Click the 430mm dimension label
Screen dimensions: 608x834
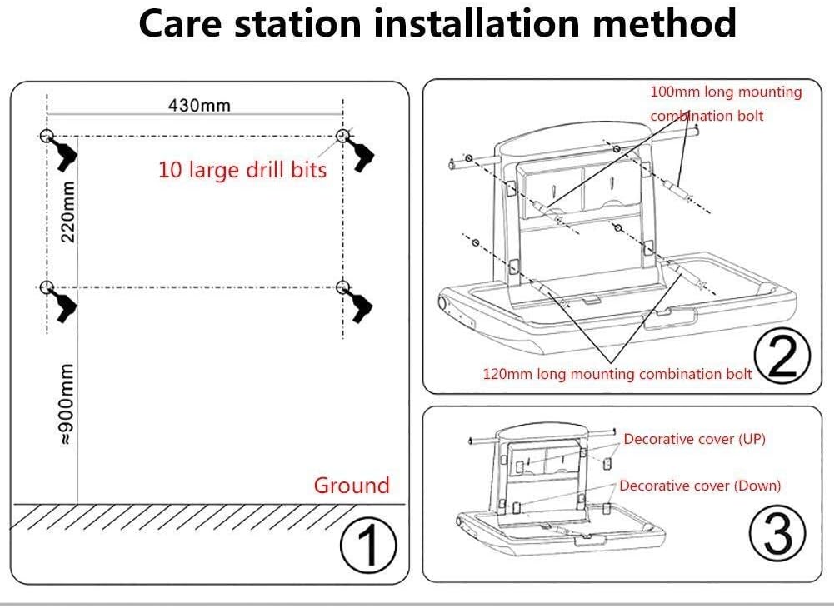click(x=199, y=106)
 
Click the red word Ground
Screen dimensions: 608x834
click(x=351, y=486)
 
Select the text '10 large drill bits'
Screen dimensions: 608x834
click(x=242, y=170)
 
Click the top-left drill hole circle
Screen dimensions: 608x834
click(x=47, y=137)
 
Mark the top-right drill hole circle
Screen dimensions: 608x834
click(x=342, y=136)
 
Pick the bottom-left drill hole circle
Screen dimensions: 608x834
click(x=47, y=287)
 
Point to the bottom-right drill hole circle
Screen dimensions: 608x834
click(x=342, y=287)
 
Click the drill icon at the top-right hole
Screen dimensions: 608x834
click(x=362, y=158)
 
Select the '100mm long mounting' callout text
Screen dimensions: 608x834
click(x=725, y=92)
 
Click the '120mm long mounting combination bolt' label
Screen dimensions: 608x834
click(x=617, y=374)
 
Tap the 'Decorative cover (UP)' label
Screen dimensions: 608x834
click(x=694, y=439)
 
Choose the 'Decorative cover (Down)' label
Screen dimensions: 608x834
click(x=700, y=486)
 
